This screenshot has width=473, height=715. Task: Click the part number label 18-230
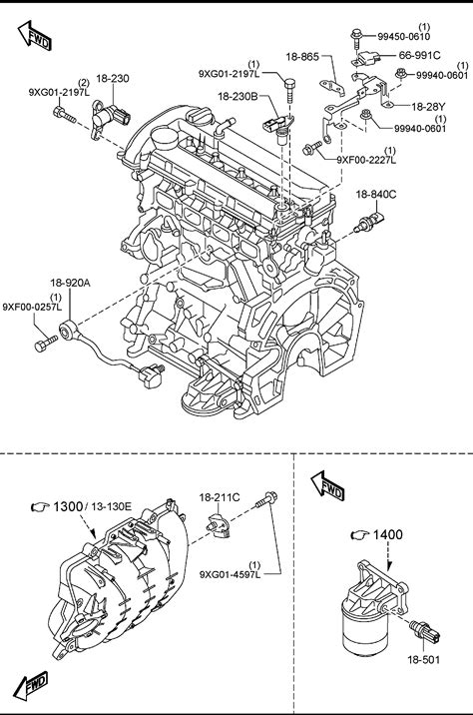coord(112,79)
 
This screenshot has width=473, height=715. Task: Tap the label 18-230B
coord(237,96)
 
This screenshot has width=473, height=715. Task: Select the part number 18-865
coord(302,57)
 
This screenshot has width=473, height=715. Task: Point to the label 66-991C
coord(420,55)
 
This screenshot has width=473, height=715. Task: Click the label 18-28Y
coord(428,107)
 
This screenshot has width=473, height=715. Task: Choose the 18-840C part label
coord(376,195)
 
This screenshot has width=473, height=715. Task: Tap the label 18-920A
coord(70,283)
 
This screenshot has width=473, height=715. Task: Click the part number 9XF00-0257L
coord(32,307)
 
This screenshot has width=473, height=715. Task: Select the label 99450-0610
coord(404,37)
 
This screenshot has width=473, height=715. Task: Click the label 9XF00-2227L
coord(366,160)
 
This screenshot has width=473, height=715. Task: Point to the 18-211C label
coord(220,497)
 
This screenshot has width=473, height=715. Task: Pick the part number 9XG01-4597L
coord(231,574)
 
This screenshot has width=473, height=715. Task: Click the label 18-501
coord(424,659)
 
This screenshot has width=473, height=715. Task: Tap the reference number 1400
coord(388,534)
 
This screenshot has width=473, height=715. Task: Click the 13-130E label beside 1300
coord(111,505)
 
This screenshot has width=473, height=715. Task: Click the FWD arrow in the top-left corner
coord(35,36)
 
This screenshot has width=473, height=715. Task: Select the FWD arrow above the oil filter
coord(327,486)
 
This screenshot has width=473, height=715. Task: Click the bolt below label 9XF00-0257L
coord(46,343)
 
